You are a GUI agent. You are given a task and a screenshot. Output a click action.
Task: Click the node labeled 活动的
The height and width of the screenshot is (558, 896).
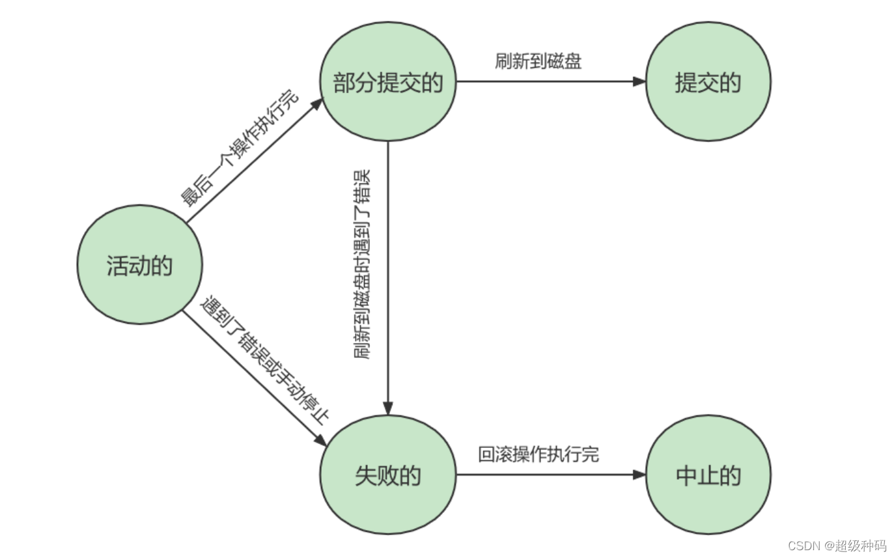point(139,264)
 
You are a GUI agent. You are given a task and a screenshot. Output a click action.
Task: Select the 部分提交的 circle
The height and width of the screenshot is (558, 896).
point(388,81)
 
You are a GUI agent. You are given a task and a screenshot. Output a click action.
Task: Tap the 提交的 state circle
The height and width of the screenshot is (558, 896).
point(708,81)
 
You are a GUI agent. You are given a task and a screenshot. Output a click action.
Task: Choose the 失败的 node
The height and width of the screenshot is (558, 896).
point(388,475)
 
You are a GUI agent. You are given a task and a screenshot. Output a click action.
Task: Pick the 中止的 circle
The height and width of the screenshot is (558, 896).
point(708,475)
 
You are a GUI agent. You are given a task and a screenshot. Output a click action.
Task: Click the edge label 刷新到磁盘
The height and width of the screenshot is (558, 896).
point(538,62)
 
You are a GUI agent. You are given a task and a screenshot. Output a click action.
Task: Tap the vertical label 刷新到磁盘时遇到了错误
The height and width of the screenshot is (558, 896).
point(362,264)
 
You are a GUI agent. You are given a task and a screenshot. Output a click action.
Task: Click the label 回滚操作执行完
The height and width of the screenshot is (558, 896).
point(539,454)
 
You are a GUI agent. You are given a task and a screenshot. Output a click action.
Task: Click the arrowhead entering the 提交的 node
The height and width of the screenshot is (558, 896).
point(639,81)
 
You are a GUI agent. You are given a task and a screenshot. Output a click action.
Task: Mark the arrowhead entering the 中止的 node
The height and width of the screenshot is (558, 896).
point(639,475)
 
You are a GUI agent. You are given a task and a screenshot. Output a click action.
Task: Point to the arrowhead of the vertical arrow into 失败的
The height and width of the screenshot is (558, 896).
point(388,409)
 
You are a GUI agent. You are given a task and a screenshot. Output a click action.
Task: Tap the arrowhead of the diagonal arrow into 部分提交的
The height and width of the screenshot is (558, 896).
point(318,103)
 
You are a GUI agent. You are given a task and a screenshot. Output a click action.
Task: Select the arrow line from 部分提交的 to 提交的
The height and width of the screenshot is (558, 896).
point(547,81)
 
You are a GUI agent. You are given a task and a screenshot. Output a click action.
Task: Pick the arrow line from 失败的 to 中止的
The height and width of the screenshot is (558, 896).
point(547,475)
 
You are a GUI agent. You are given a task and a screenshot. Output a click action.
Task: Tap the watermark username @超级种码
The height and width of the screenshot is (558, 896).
point(854,545)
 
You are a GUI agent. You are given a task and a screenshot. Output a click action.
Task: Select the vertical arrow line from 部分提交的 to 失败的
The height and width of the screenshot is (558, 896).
point(388,273)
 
